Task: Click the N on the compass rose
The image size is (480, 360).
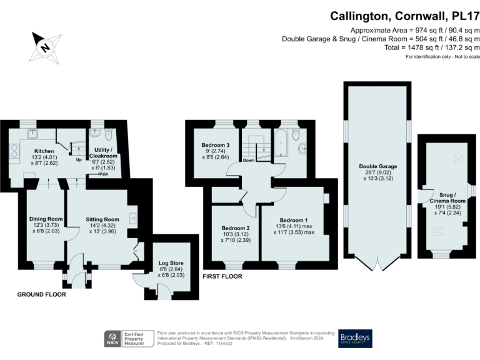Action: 45,47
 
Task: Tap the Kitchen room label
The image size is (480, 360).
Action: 44,151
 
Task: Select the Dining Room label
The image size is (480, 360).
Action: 46,219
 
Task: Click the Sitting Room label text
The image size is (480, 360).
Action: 102,219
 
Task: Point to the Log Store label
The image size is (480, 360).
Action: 171,263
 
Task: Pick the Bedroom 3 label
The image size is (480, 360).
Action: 216,145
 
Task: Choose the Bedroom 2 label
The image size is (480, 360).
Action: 236,228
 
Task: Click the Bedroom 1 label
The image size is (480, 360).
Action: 294,220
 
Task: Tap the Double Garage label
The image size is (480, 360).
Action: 378,166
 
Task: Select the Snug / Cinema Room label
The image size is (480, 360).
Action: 447,197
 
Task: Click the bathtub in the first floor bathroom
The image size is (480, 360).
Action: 281,144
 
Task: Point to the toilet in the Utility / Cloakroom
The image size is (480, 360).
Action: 109,134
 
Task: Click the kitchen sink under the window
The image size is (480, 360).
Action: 32,133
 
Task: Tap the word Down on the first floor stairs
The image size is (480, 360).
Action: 249,160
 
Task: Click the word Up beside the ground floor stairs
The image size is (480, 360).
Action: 79,160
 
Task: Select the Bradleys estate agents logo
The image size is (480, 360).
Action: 355,339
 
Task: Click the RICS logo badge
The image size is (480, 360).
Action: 112,339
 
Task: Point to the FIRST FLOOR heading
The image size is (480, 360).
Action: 222,276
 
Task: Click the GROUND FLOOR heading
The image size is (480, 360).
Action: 42,294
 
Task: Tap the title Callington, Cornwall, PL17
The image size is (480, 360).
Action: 405,16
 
